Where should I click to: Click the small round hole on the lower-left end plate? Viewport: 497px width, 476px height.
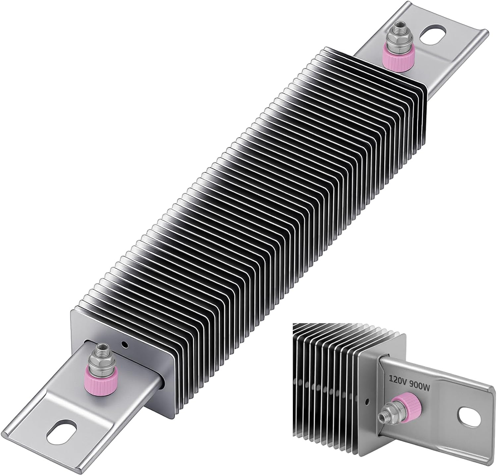pos(125,345)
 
